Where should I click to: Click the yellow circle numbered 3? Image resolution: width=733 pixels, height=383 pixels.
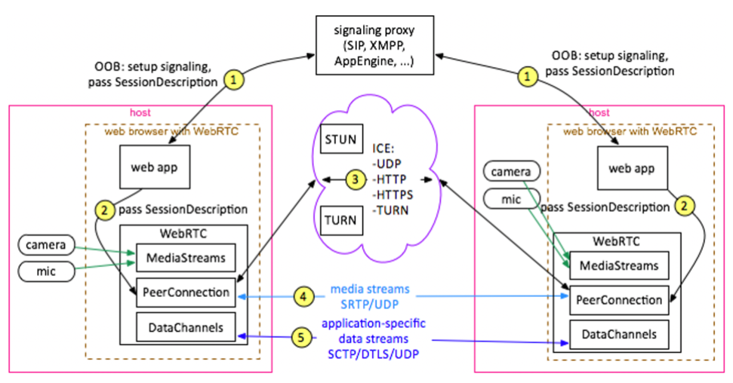354,180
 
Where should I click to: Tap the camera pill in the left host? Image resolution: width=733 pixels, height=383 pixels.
46,245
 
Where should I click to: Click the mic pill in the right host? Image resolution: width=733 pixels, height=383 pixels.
510,200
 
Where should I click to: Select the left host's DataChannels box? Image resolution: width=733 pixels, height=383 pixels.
186,326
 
